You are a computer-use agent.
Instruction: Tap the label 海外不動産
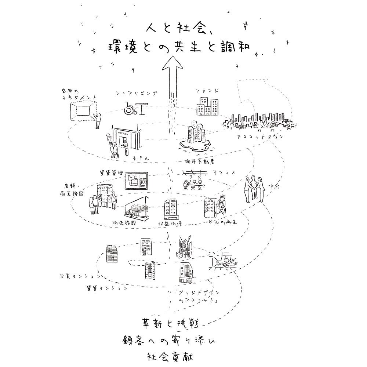click(x=199, y=161)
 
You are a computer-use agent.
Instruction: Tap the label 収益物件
click(x=170, y=224)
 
